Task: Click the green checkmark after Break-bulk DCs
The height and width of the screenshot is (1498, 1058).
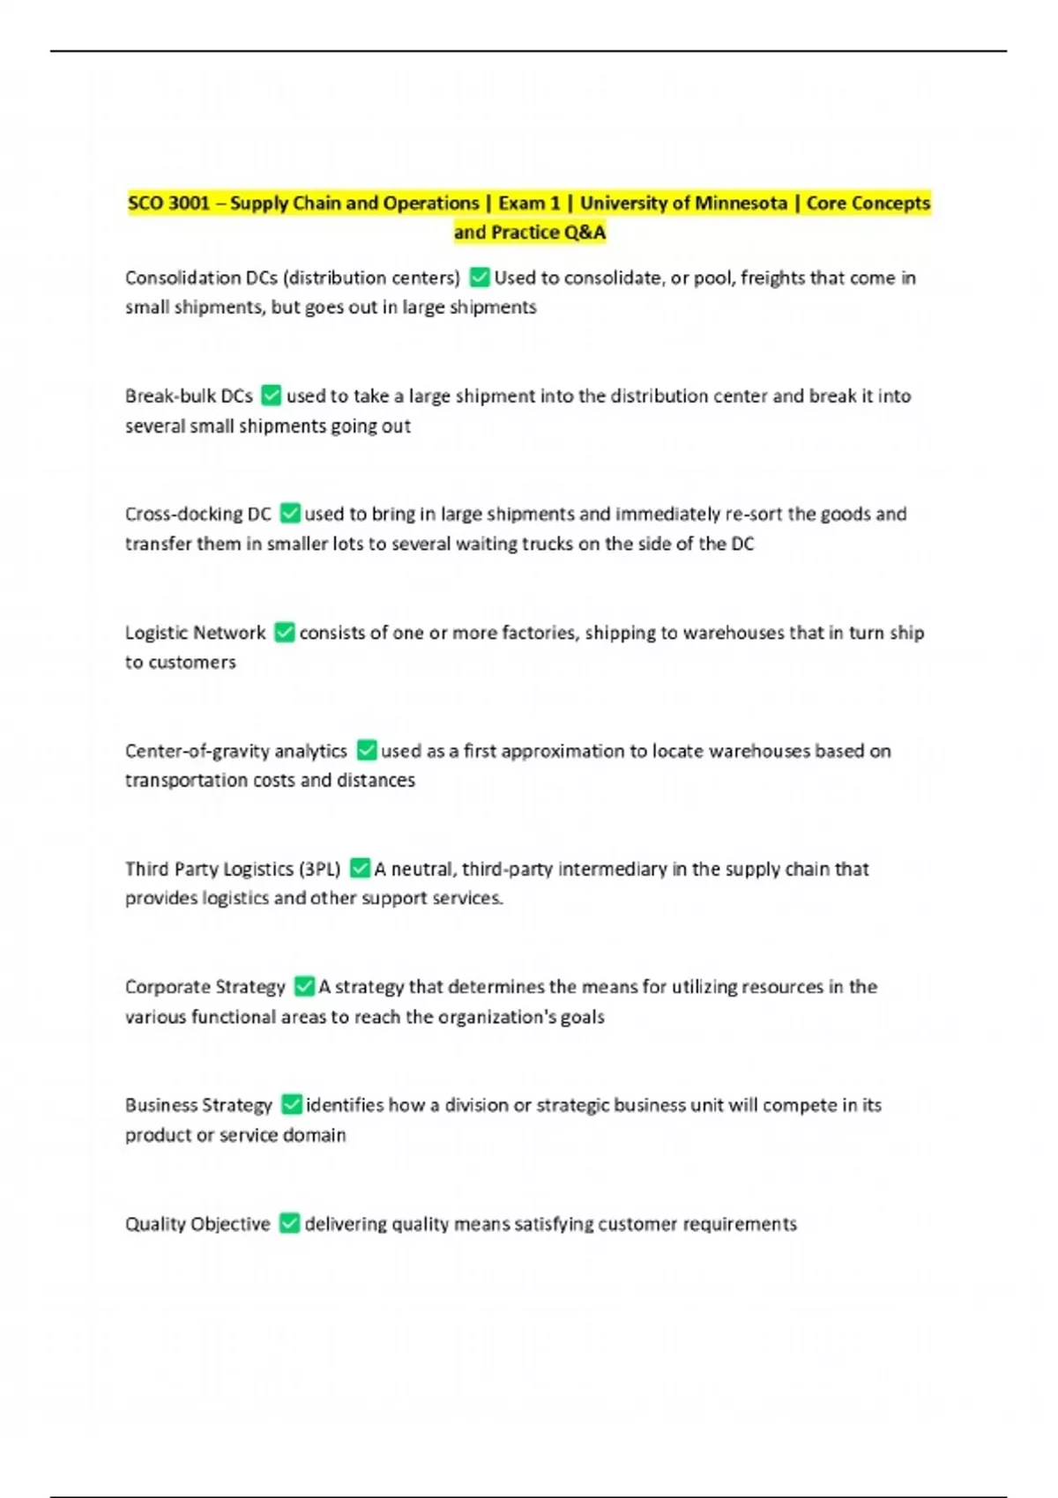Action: (272, 396)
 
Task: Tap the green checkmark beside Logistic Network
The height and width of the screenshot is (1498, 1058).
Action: (284, 632)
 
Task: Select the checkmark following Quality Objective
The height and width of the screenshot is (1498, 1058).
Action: (289, 1223)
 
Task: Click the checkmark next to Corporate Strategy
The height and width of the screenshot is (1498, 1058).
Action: (304, 986)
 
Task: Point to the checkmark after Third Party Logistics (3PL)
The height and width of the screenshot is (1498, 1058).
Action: (360, 868)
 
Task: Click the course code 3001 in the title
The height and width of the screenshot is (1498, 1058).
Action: (189, 204)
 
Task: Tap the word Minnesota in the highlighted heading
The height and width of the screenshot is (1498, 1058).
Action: (739, 204)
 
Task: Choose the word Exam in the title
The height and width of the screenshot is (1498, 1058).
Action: (518, 204)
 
